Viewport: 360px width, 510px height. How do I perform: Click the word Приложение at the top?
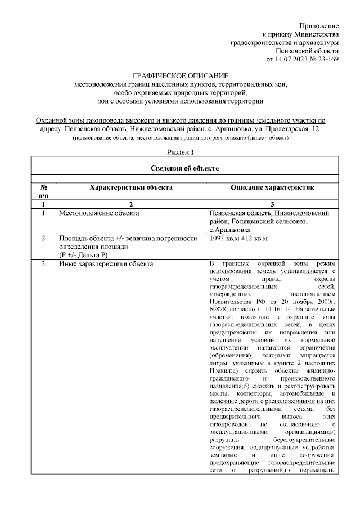319,26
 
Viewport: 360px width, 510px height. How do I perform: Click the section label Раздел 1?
181,153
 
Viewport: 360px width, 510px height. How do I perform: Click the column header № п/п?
43,192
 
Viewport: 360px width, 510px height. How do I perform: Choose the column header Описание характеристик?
272,187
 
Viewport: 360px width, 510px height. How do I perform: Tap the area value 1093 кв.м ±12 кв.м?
238,239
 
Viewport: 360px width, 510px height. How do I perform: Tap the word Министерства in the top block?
315,34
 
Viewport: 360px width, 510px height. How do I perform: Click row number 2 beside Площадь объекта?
43,239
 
